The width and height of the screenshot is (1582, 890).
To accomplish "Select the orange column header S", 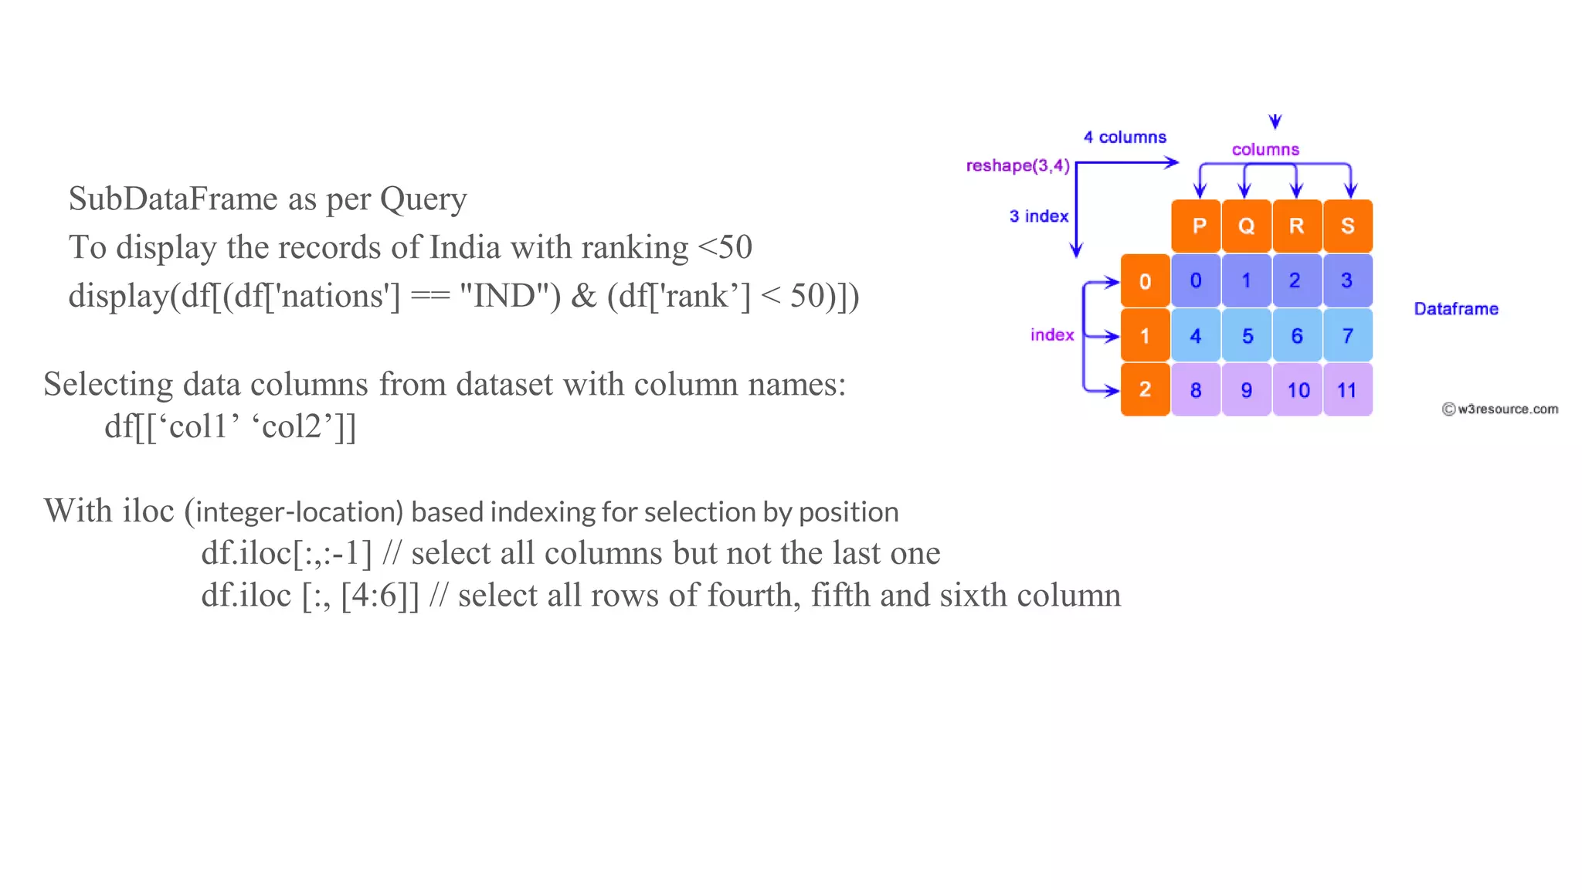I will [1348, 226].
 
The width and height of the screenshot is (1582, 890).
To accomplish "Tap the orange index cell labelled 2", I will [1145, 390].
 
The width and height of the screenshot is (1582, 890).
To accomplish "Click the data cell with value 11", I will [1348, 390].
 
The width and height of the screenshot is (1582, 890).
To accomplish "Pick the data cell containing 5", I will [1247, 336].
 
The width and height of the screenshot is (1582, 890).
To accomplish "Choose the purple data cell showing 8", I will [1196, 390].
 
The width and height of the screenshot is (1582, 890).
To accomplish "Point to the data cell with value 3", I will [1348, 280].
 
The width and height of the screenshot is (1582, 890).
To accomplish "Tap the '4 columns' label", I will [1125, 138].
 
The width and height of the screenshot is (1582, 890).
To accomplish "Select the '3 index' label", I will [1039, 216].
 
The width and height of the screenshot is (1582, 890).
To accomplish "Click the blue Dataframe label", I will [1456, 309].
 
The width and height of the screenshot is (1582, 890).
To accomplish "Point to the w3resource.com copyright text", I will [1500, 409].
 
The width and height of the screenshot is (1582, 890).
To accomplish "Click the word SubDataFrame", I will [173, 199].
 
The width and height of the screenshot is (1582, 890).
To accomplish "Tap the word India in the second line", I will [465, 248].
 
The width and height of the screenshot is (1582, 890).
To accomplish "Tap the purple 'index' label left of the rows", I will [1052, 335].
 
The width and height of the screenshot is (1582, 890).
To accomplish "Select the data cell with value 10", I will [1298, 390].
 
